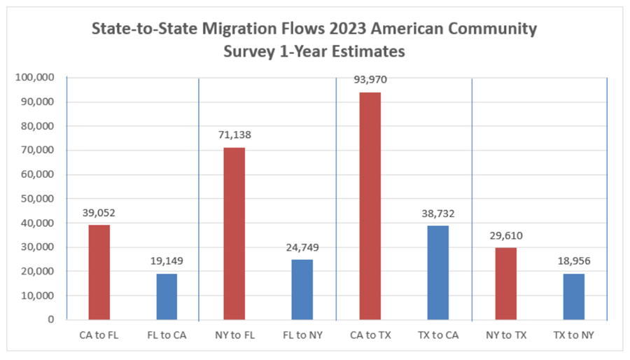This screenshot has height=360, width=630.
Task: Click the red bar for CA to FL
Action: click(99, 272)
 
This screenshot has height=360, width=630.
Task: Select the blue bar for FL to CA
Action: click(167, 296)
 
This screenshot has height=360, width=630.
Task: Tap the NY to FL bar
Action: click(234, 233)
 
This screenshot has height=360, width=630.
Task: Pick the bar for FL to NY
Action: click(302, 289)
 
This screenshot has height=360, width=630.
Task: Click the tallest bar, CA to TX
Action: click(370, 206)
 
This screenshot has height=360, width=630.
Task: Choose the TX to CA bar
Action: click(437, 272)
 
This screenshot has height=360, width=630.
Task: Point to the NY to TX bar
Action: click(505, 284)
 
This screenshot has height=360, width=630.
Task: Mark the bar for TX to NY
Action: click(573, 296)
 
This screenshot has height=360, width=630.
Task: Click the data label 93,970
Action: click(370, 80)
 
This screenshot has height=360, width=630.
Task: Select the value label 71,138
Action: click(234, 135)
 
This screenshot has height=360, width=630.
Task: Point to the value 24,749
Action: click(302, 247)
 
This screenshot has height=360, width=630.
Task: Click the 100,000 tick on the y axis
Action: click(35, 78)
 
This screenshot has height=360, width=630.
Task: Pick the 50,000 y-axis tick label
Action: click(38, 198)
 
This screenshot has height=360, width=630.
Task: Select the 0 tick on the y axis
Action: click(50, 319)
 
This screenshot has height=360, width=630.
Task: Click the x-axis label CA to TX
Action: click(370, 335)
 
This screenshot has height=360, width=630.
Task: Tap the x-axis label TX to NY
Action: click(573, 335)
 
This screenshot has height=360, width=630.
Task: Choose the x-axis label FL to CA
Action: click(167, 335)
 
